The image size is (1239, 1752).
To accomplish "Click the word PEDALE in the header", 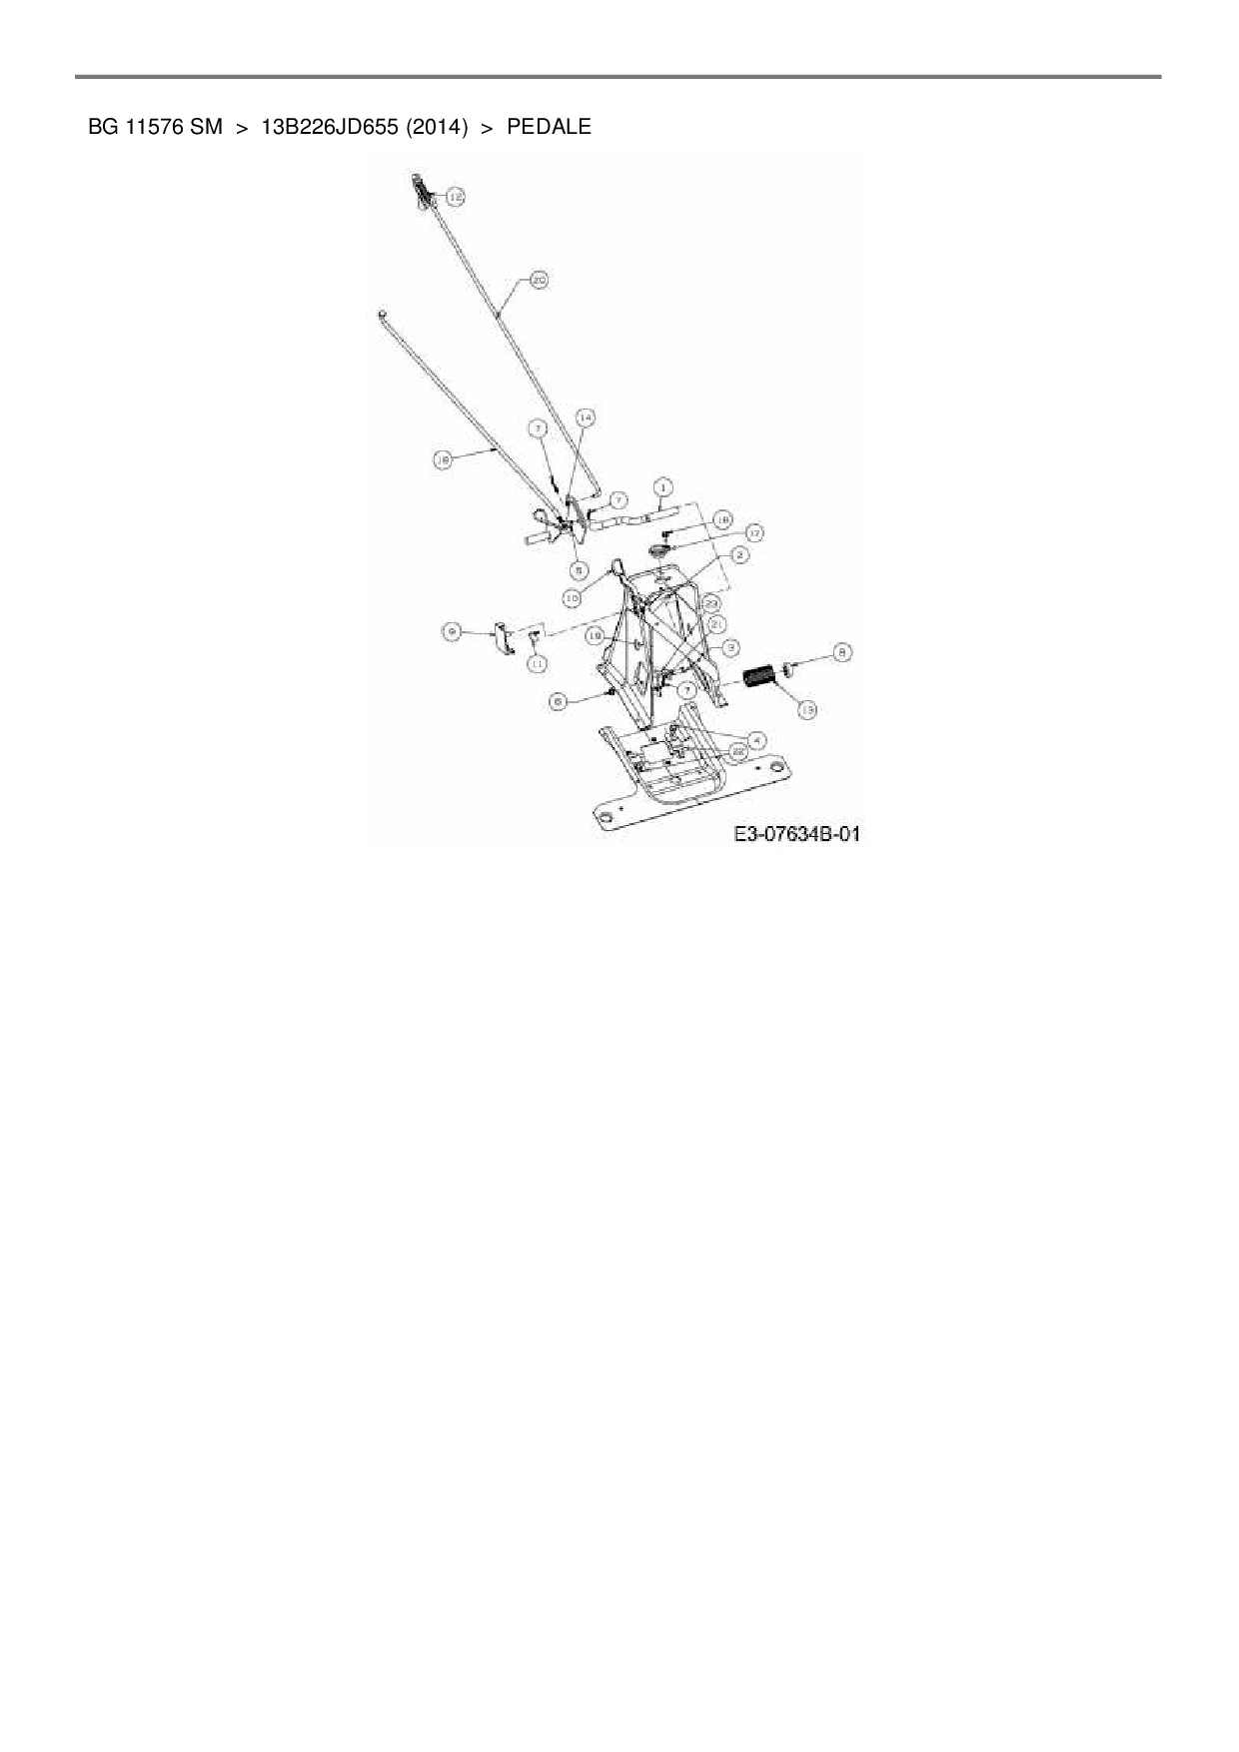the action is click(x=549, y=127).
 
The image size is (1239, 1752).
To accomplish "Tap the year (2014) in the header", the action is click(x=438, y=127).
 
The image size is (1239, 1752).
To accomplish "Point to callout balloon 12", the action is click(x=455, y=197).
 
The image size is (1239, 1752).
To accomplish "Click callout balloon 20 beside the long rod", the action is click(x=539, y=282).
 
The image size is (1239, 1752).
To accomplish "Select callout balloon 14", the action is click(x=586, y=417).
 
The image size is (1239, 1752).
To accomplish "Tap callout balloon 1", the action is click(x=661, y=488).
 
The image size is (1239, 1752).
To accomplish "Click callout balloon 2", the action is click(x=740, y=554).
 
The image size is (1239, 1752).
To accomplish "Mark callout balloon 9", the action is click(x=453, y=631).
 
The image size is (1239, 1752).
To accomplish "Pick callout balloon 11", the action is click(x=538, y=662).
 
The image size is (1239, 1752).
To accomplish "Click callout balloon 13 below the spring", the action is click(x=806, y=708).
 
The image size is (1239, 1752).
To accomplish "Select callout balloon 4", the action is click(x=756, y=740).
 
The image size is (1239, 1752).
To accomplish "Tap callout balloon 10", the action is click(x=572, y=597).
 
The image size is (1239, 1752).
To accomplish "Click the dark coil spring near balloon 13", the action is click(x=761, y=676).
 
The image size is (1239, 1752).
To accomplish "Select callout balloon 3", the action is click(x=731, y=646).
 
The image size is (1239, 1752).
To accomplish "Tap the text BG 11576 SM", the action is click(x=155, y=127).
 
